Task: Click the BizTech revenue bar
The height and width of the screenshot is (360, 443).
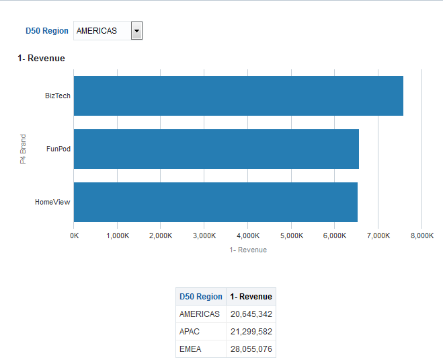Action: pos(238,96)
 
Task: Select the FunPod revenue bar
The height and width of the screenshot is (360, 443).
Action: pos(216,149)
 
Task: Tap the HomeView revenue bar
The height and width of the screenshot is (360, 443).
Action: pos(215,202)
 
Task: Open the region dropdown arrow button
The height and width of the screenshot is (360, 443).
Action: pos(136,31)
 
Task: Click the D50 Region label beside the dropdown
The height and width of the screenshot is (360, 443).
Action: pos(47,31)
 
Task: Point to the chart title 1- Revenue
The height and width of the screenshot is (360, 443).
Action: pos(42,59)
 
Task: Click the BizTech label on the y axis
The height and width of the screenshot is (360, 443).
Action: pos(58,96)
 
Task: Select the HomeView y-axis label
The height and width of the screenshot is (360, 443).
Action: pos(53,202)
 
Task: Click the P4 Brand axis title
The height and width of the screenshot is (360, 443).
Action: pos(23,149)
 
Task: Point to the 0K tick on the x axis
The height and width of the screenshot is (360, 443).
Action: pos(74,236)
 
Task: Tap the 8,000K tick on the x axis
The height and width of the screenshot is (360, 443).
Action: pos(421,236)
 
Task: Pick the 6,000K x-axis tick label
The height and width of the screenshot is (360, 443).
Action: pos(335,236)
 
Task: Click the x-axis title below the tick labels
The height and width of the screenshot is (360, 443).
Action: pos(248,250)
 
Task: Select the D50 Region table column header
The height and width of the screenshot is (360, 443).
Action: pos(201,297)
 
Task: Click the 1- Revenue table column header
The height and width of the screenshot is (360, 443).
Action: pos(251,297)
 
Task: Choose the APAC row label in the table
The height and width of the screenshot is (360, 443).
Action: pos(190,332)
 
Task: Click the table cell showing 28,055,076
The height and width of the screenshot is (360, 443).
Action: pos(251,349)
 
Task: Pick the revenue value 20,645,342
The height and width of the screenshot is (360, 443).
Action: pos(251,314)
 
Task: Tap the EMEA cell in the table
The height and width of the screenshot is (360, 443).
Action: pos(191,349)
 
